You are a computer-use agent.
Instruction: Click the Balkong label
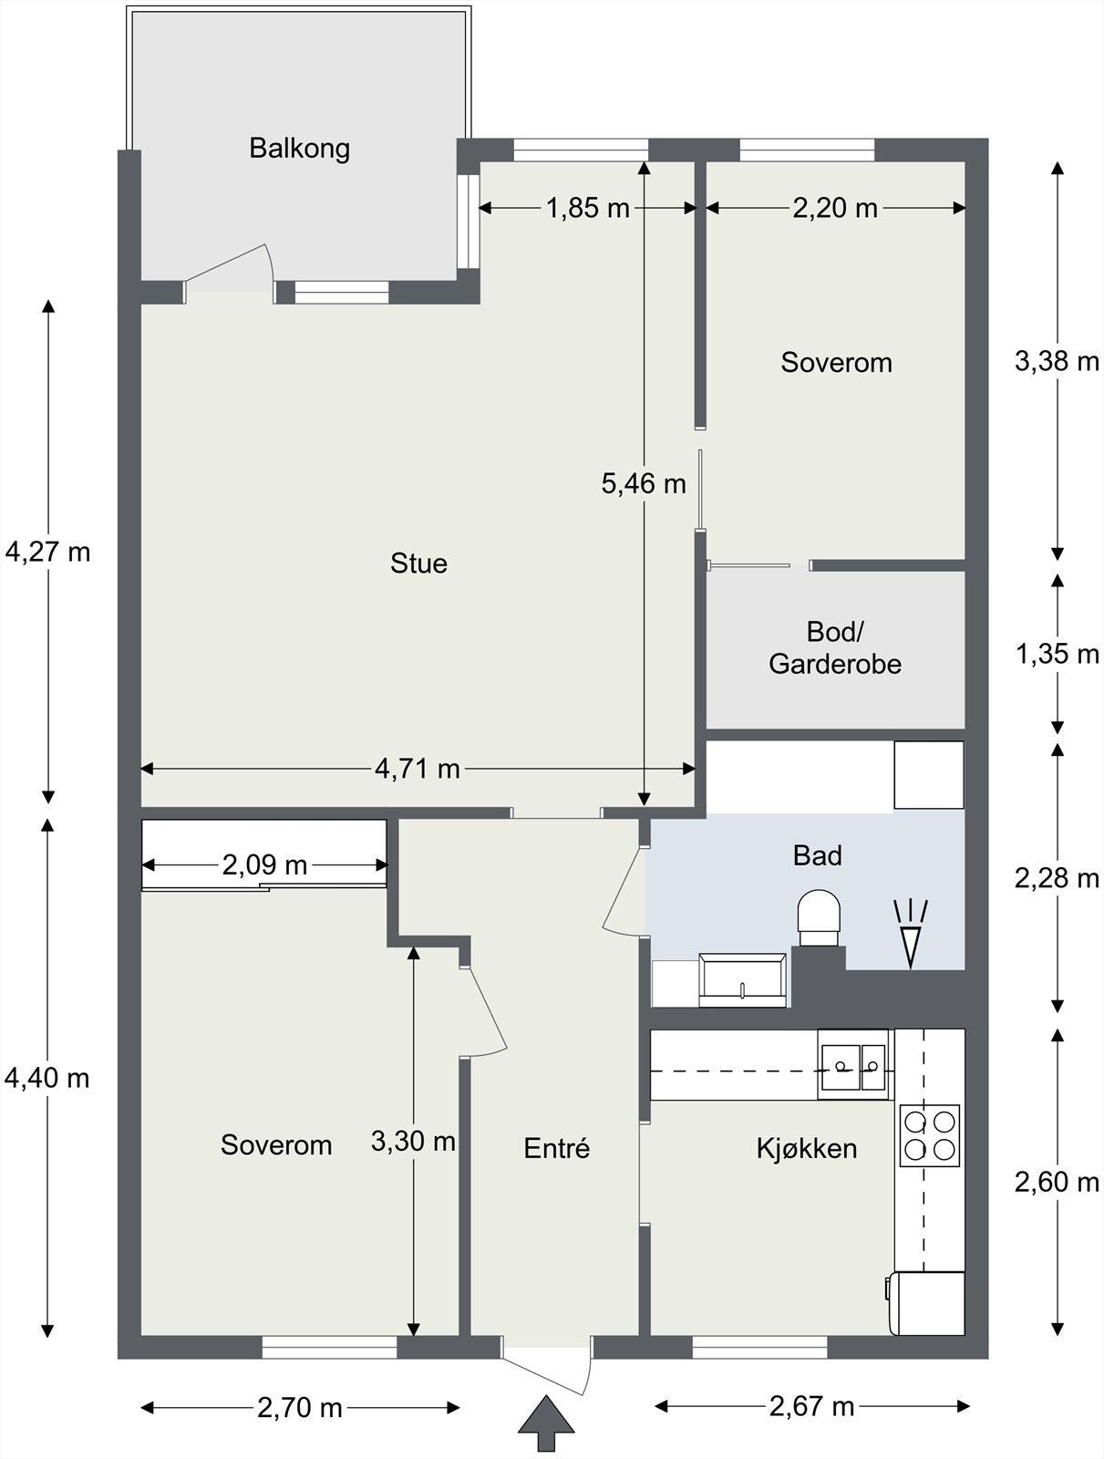(x=299, y=149)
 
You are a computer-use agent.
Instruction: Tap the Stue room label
(x=418, y=564)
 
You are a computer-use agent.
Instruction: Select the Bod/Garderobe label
(x=835, y=647)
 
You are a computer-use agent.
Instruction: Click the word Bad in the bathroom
(x=817, y=855)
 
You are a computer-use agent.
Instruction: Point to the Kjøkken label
(x=807, y=1148)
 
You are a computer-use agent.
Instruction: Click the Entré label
(x=557, y=1148)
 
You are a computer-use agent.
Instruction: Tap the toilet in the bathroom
(x=819, y=917)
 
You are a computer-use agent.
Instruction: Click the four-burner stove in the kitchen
(x=929, y=1135)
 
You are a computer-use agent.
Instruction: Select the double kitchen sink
(x=853, y=1068)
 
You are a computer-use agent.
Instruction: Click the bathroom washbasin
(x=743, y=980)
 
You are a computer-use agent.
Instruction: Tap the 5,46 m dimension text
(x=644, y=483)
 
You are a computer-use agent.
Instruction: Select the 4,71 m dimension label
(x=418, y=769)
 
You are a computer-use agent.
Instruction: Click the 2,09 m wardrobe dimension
(x=264, y=864)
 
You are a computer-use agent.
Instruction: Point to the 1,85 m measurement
(x=587, y=208)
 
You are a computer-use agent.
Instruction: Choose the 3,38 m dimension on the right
(x=1057, y=361)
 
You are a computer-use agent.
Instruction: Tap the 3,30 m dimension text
(x=413, y=1142)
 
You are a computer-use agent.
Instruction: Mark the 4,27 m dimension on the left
(x=47, y=552)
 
